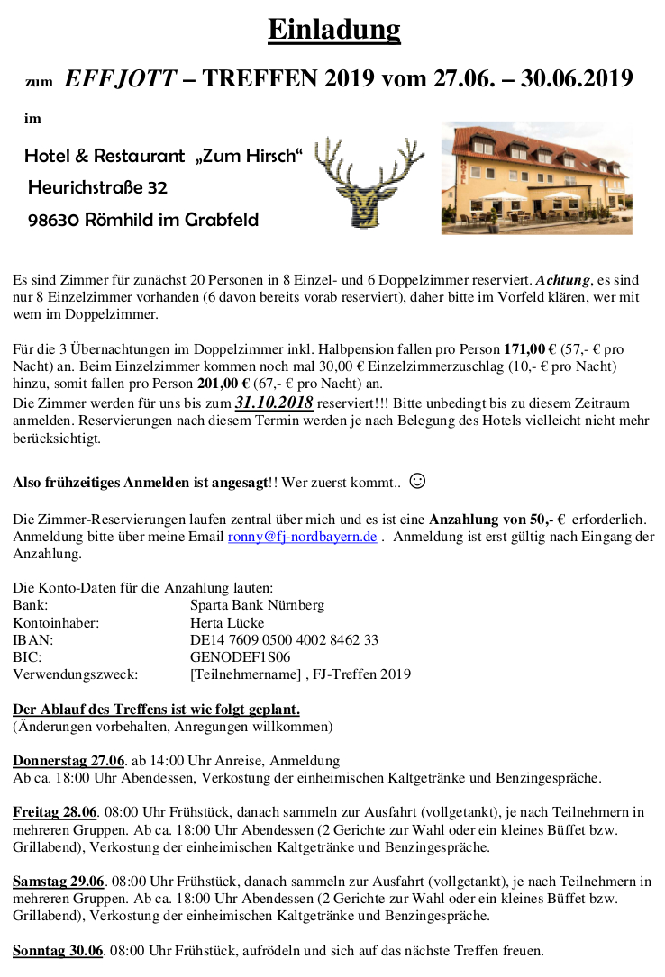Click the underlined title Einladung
[x=333, y=30]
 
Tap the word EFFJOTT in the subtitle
[x=121, y=79]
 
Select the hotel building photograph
[x=536, y=178]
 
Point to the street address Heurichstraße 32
[x=97, y=187]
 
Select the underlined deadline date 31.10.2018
[x=274, y=403]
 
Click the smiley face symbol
[x=417, y=481]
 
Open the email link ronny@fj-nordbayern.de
[x=302, y=537]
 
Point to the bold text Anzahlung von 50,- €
[x=496, y=520]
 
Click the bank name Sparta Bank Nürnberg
[x=257, y=605]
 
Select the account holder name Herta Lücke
[x=227, y=622]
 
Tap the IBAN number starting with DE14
[x=284, y=639]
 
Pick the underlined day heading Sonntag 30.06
[x=59, y=950]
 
